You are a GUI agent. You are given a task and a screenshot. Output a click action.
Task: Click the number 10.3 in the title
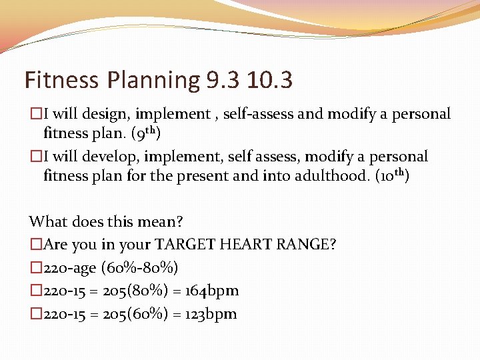pyautogui.click(x=269, y=80)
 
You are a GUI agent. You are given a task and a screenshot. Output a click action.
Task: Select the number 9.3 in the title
pyautogui.click(x=221, y=80)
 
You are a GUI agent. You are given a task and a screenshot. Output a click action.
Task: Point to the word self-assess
pyautogui.click(x=258, y=114)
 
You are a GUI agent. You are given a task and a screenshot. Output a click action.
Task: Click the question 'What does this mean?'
pyautogui.click(x=107, y=221)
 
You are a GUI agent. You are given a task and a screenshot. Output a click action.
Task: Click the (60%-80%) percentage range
pyautogui.click(x=139, y=268)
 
